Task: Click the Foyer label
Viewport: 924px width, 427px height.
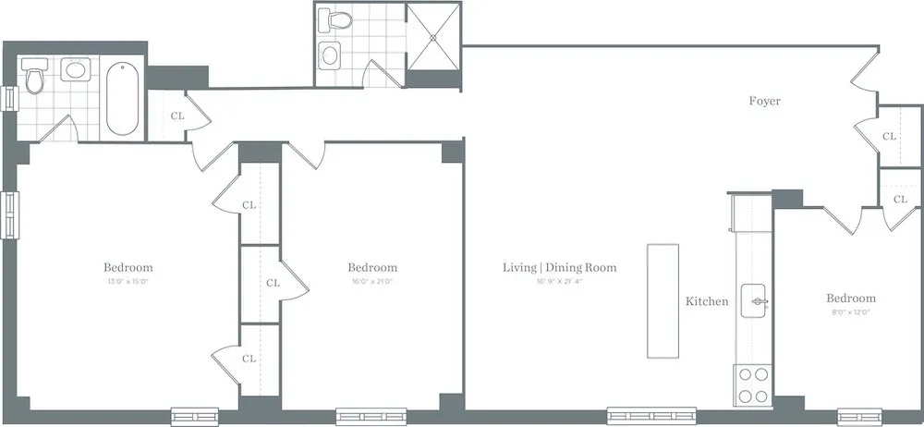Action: tap(764, 101)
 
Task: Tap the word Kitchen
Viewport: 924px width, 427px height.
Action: tap(707, 301)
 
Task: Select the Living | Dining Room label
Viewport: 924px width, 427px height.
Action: tap(559, 268)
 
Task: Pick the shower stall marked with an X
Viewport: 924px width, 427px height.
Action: tap(434, 37)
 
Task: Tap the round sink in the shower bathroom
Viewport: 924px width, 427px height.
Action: tap(329, 55)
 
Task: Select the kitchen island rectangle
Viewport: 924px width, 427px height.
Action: tap(663, 300)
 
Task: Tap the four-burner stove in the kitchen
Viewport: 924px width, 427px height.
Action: tap(752, 385)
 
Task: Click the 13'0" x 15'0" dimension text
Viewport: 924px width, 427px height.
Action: tap(128, 282)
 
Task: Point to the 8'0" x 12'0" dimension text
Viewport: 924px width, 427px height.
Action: tap(850, 312)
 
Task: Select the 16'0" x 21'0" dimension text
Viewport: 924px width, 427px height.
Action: tap(372, 282)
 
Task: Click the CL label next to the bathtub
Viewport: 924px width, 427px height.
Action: tap(177, 116)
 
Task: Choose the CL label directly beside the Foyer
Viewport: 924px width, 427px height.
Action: tap(889, 137)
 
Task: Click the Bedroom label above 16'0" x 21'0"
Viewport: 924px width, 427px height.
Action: tap(372, 268)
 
